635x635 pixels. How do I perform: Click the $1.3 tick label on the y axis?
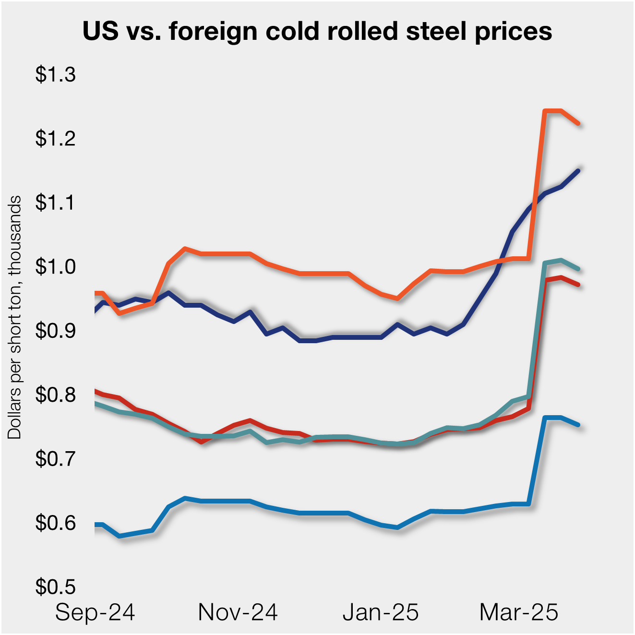click(55, 75)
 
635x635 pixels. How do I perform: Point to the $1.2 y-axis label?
click(55, 139)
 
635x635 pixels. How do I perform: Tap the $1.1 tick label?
click(55, 203)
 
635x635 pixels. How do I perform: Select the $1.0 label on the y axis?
click(55, 267)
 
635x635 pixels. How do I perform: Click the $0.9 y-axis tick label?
click(55, 331)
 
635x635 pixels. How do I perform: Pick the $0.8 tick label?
click(55, 395)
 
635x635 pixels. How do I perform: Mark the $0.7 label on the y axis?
click(55, 459)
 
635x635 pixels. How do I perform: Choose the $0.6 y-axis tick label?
click(55, 523)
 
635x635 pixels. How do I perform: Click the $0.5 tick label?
click(55, 587)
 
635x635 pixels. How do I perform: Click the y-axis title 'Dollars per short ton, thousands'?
click(15, 317)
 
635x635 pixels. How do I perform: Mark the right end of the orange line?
click(578, 124)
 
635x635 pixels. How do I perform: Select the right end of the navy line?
click(578, 170)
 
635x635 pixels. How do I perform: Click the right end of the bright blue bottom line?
click(578, 425)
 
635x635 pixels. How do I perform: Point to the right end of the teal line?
click(578, 269)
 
